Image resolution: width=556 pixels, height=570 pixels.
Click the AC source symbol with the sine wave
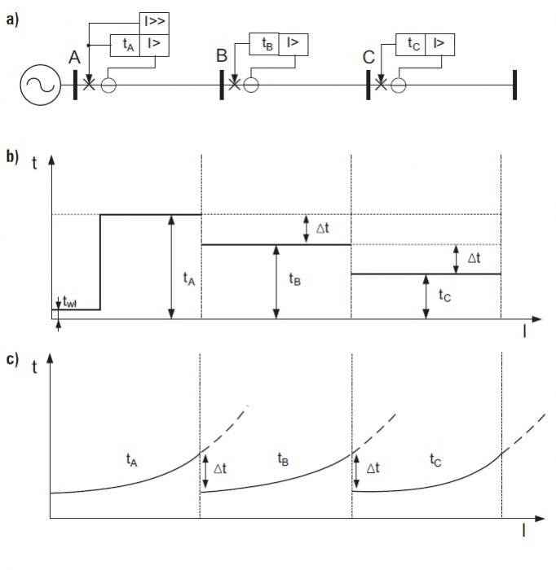click(x=40, y=85)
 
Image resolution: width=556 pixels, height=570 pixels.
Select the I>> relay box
click(x=154, y=24)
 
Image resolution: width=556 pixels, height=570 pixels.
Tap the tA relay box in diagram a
click(x=125, y=46)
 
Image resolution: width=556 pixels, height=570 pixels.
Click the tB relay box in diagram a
click(x=264, y=44)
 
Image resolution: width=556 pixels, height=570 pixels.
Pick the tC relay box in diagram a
click(x=410, y=45)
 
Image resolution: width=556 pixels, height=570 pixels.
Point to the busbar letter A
click(x=74, y=58)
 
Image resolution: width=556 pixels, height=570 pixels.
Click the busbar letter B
click(x=222, y=55)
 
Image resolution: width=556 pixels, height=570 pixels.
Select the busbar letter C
click(x=368, y=58)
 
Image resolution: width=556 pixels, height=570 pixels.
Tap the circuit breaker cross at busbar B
click(x=235, y=85)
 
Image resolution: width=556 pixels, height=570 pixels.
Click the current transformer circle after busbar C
click(x=399, y=85)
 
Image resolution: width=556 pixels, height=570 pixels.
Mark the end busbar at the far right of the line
click(x=514, y=85)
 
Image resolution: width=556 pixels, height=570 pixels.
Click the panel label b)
click(x=12, y=156)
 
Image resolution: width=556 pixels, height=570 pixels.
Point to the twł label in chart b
click(x=69, y=302)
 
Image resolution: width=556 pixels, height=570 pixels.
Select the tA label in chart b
click(x=189, y=279)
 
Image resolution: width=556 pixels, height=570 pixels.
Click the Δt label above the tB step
click(x=323, y=228)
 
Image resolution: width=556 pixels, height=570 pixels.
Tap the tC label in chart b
click(x=444, y=295)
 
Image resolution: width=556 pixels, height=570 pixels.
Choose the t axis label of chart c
click(x=34, y=367)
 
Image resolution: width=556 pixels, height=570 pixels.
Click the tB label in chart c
click(x=283, y=459)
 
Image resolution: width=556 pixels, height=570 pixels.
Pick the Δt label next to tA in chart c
click(x=220, y=468)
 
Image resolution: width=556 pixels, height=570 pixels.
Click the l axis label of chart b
click(x=524, y=331)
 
